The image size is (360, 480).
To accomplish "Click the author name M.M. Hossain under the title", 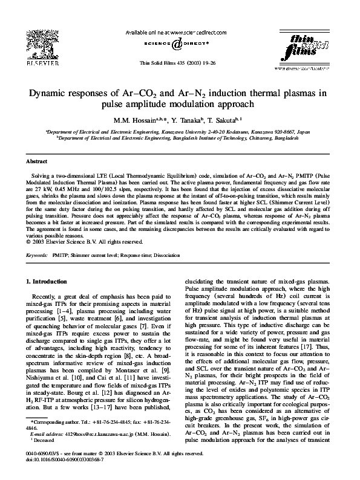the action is [133, 120].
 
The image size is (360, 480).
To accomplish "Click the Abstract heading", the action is [38, 162].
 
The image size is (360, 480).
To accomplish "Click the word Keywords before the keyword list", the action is [38, 256].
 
